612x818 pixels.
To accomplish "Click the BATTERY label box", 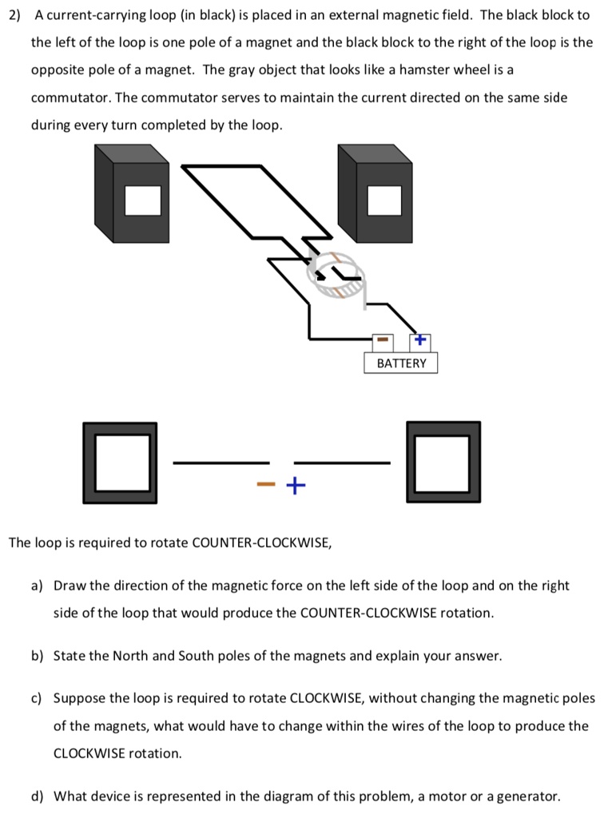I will [401, 363].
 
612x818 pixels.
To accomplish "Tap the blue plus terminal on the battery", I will [420, 341].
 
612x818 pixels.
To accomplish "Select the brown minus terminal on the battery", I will [382, 341].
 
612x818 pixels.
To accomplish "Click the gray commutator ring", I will [336, 276].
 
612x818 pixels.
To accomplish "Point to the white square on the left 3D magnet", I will [144, 200].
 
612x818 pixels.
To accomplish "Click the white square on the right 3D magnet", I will [384, 200].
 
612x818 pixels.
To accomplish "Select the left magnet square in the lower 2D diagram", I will [122, 463].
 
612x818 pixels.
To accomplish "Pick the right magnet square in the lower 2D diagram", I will [443, 463].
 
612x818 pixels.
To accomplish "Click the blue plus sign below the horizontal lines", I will [295, 485].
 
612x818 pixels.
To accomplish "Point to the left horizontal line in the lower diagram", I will [221, 463].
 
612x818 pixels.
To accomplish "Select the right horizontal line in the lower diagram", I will [342, 463].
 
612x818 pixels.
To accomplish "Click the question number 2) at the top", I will [15, 15].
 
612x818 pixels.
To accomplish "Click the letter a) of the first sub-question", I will [38, 586].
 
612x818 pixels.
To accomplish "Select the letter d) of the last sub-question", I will [38, 796].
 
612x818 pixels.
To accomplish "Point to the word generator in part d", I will [528, 796].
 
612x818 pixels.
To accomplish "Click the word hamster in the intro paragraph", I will [423, 69].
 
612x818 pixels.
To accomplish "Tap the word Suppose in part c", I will [78, 697].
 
